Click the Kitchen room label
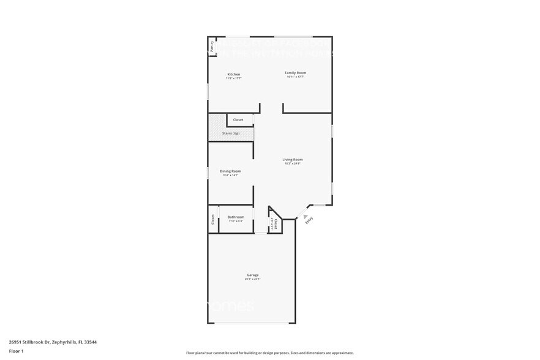tap(233, 74)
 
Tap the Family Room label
tap(295, 73)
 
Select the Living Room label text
tap(293, 159)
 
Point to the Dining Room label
tap(231, 171)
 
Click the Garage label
tap(252, 275)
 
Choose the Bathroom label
tap(236, 217)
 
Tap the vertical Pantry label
tap(212, 45)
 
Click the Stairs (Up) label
tap(231, 133)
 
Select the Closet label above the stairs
tap(238, 119)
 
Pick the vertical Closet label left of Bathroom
tap(213, 219)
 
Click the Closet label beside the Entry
tap(276, 223)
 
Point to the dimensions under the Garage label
tap(252, 279)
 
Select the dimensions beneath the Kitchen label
tap(233, 78)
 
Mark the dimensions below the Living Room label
tap(293, 163)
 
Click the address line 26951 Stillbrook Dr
tap(53, 342)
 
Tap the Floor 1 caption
tap(17, 351)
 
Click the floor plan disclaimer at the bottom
tap(269, 353)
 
